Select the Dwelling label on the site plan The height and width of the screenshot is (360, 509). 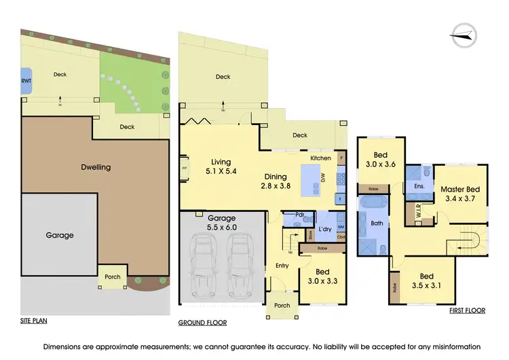[x=96, y=166]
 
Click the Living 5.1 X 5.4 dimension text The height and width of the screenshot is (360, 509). [x=221, y=167]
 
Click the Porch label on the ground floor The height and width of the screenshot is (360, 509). [x=282, y=305]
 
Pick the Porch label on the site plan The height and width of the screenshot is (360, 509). [x=112, y=277]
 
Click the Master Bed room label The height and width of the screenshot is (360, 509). [x=460, y=194]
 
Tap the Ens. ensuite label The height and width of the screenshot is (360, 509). [x=419, y=185]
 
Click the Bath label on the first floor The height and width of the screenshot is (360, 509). [x=377, y=221]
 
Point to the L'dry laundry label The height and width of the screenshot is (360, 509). [x=324, y=230]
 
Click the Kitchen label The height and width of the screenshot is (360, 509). [x=321, y=158]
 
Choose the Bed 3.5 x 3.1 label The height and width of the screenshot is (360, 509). [x=426, y=281]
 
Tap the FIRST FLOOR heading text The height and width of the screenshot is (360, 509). [x=467, y=310]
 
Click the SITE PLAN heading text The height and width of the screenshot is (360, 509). [x=33, y=320]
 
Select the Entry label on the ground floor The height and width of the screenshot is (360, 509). [x=282, y=266]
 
